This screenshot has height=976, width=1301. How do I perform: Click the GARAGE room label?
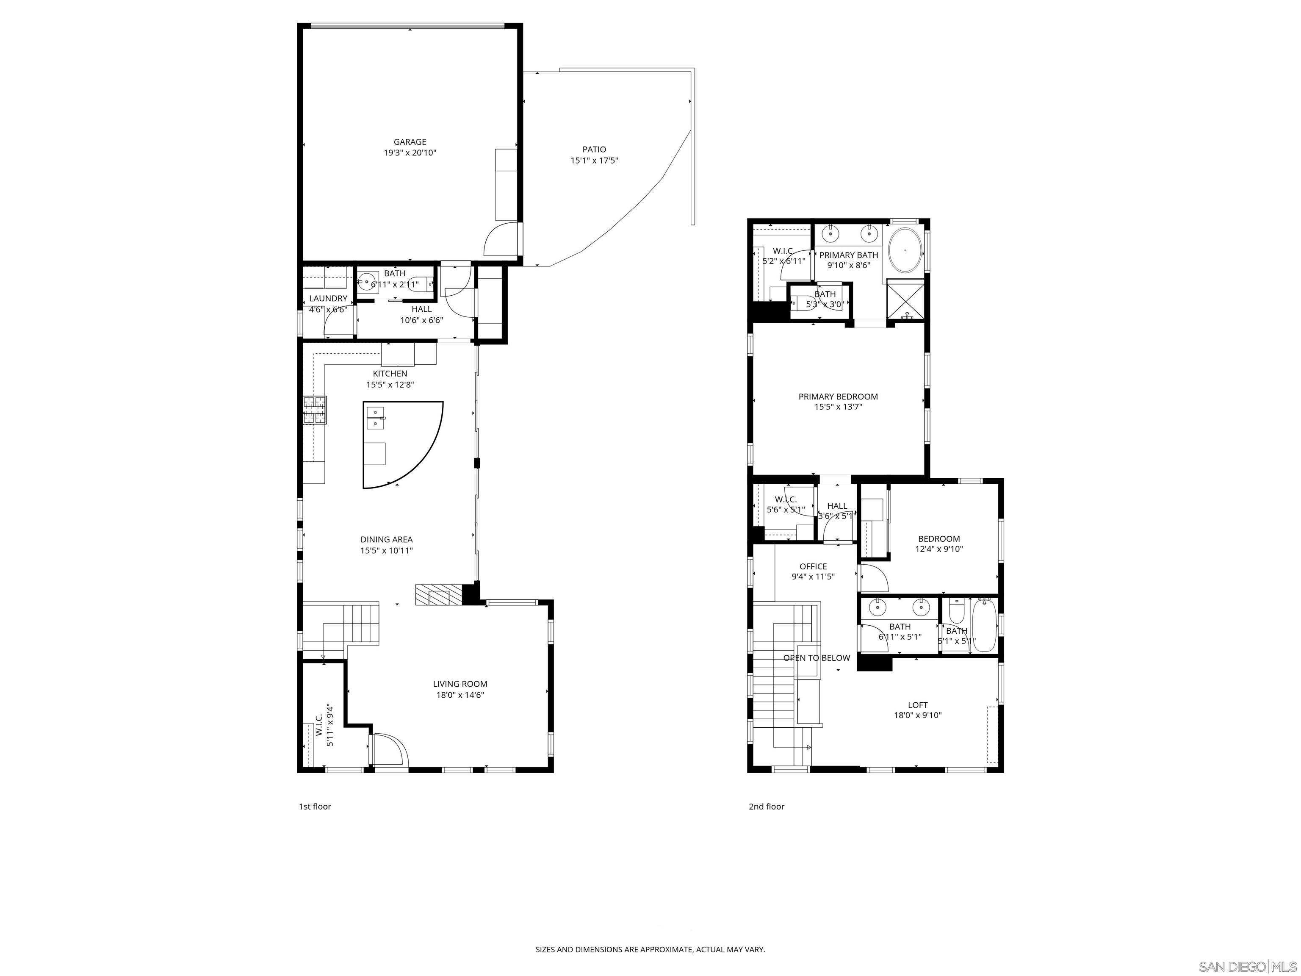[410, 142]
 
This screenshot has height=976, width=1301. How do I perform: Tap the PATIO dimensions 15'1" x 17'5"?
[594, 161]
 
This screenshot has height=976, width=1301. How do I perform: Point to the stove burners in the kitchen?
[315, 410]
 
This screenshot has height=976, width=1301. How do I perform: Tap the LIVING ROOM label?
[460, 684]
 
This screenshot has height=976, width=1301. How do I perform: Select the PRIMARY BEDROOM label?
[838, 396]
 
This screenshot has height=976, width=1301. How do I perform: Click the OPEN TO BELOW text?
[817, 658]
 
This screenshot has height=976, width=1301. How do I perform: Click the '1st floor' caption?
[315, 807]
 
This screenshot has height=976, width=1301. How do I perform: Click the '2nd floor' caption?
[766, 807]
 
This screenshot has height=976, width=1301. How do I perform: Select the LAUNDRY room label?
[328, 298]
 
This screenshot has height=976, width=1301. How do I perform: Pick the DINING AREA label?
[386, 540]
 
